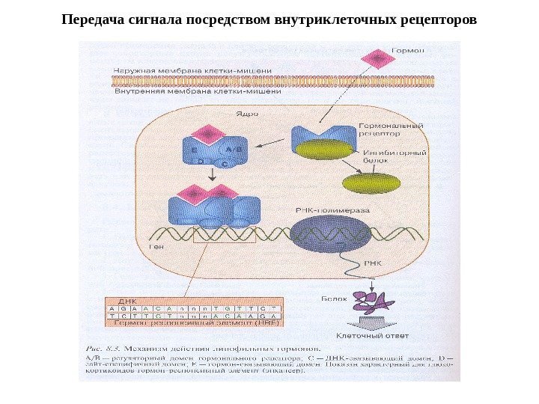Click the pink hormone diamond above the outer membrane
coord(379,58)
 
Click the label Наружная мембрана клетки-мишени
coord(192,70)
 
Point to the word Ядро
coord(247,114)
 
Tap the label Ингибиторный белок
coord(384,155)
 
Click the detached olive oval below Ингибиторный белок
coord(371,183)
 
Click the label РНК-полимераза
coord(333,211)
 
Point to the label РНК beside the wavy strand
coord(372,263)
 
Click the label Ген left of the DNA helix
coord(156,245)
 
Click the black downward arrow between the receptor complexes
coord(213,174)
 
